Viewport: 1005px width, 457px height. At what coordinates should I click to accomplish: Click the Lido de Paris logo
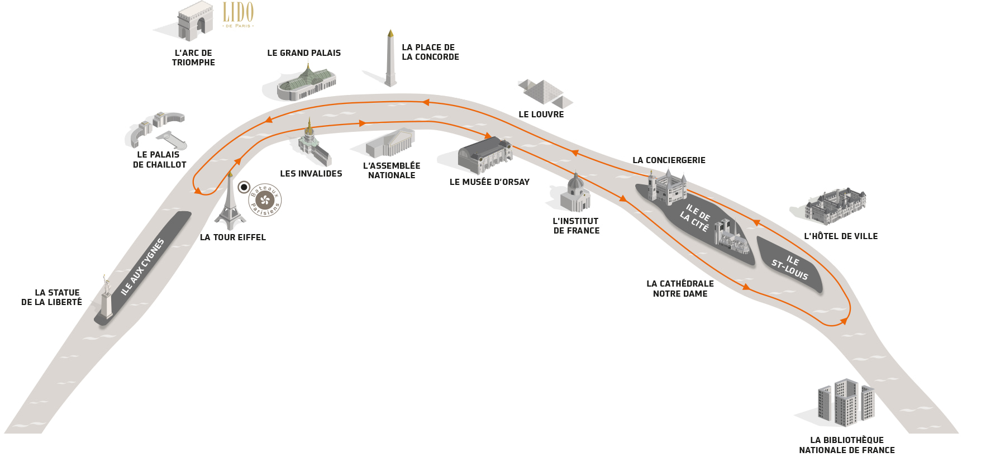(238, 15)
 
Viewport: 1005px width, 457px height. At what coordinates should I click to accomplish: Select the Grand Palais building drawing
(307, 84)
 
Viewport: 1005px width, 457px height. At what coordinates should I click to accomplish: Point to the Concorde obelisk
(390, 58)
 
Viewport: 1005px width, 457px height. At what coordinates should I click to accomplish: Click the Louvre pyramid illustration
(544, 93)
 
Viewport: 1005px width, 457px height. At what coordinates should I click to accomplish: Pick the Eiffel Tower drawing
(230, 202)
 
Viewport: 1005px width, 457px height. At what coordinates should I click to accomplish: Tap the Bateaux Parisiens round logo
(265, 200)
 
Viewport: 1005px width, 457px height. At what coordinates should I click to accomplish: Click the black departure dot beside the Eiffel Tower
(244, 187)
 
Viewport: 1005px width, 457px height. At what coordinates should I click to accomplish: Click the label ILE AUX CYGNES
(142, 266)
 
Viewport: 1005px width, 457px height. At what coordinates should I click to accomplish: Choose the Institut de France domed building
(575, 193)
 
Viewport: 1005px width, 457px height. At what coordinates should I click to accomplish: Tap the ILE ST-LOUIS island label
(790, 267)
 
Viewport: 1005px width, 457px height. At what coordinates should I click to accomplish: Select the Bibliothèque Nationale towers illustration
(846, 402)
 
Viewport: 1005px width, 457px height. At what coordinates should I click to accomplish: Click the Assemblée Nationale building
(390, 143)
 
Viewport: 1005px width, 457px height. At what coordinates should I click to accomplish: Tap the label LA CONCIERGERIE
(669, 160)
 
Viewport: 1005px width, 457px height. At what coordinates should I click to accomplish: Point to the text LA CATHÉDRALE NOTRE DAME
(680, 289)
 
